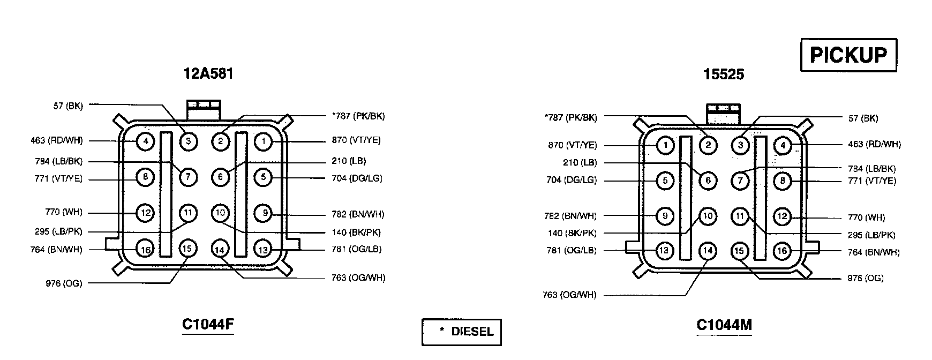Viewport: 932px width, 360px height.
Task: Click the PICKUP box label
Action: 848,55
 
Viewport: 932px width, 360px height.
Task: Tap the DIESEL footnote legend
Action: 462,332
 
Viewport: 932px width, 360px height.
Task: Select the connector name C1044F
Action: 208,325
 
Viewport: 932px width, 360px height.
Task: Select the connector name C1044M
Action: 724,325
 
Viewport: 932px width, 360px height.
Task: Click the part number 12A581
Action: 208,73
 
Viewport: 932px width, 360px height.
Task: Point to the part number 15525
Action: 724,74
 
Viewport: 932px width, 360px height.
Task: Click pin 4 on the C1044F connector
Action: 145,141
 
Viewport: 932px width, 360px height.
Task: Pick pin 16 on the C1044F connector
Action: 145,249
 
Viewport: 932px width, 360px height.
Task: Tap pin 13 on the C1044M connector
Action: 665,251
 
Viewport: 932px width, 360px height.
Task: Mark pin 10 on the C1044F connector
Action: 220,213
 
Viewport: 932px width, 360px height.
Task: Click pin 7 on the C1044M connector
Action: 740,181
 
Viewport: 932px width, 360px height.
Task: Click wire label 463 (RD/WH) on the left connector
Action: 57,141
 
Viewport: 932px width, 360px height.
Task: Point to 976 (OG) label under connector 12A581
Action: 64,283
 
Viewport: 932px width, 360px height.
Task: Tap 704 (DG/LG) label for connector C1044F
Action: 357,178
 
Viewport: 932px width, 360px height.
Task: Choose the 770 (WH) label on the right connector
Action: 866,217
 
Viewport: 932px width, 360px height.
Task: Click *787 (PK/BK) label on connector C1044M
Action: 570,118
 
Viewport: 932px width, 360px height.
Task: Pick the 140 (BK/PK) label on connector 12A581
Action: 356,232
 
